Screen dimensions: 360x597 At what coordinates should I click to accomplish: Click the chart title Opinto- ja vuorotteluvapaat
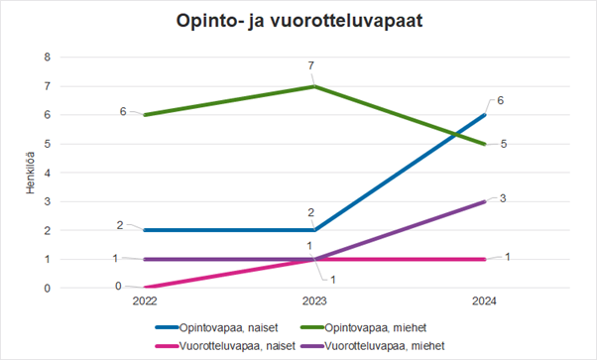click(298, 22)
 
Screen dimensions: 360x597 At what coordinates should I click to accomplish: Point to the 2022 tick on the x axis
click(144, 300)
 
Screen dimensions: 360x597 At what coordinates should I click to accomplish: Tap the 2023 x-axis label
click(314, 300)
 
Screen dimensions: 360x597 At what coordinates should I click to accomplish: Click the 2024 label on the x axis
click(485, 300)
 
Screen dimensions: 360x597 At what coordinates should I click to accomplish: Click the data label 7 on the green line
click(310, 66)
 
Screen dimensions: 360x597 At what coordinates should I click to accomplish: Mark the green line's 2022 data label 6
click(123, 112)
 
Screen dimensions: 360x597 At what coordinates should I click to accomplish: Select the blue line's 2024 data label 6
click(502, 101)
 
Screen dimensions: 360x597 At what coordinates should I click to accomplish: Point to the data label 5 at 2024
click(505, 145)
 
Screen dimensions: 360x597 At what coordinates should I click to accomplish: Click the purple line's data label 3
click(504, 198)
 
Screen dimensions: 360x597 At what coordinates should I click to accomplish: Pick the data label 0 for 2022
click(118, 286)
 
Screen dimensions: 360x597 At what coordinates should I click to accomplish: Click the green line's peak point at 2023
click(314, 86)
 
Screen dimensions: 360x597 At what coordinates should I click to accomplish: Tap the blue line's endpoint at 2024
click(485, 115)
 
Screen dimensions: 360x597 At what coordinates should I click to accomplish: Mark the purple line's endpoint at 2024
click(485, 201)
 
